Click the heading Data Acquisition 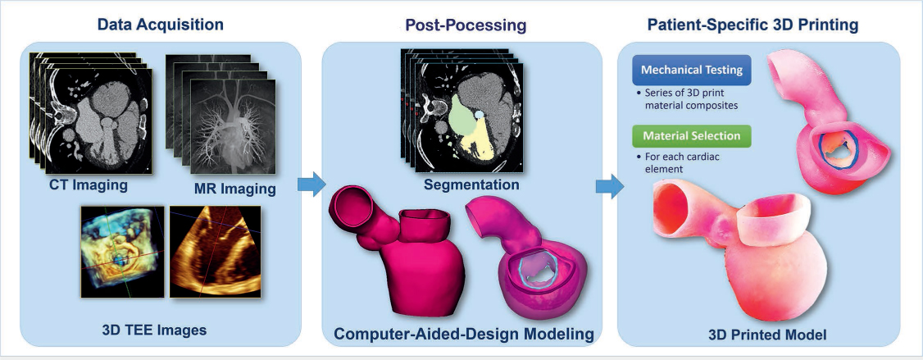160,25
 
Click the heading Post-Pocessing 466,25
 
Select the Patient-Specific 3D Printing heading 752,25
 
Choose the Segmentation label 471,185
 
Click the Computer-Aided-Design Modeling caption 463,334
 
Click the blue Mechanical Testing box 692,71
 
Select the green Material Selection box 692,134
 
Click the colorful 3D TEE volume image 120,251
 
